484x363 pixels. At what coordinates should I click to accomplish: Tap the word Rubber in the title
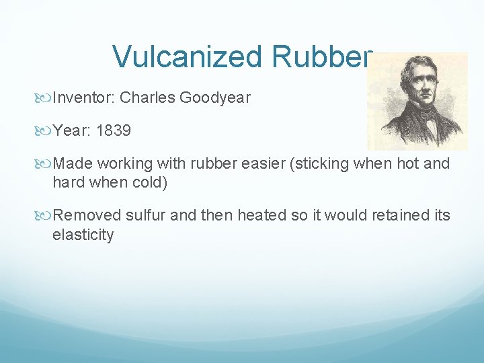(x=321, y=57)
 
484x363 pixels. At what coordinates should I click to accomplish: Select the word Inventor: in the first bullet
(x=84, y=98)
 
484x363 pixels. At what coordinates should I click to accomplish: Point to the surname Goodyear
(x=215, y=98)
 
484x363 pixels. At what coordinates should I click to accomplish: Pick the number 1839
(x=114, y=130)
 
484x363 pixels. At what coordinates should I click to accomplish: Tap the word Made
(x=71, y=163)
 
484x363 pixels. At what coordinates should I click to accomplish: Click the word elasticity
(x=83, y=235)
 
